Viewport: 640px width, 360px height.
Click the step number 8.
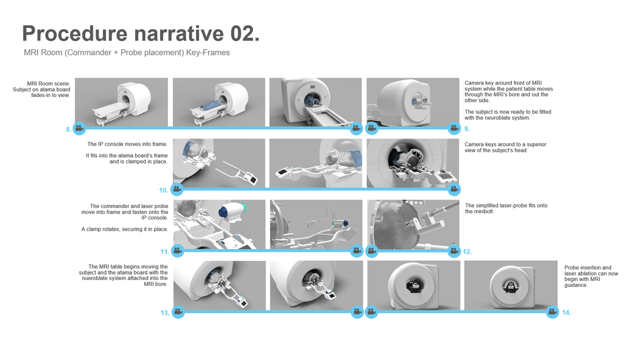click(x=68, y=129)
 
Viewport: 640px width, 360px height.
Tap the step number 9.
click(x=467, y=129)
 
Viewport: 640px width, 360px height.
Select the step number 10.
click(x=163, y=190)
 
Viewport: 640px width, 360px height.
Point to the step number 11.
click(x=165, y=252)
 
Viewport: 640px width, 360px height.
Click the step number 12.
click(x=467, y=252)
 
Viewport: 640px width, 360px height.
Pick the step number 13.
click(x=165, y=313)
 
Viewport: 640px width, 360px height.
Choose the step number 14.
click(x=566, y=313)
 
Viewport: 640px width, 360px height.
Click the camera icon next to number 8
click(x=79, y=129)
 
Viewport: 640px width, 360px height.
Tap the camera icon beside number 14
click(x=553, y=313)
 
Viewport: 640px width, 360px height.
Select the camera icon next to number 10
click(x=178, y=189)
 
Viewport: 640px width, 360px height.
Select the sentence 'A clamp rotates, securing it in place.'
click(x=125, y=229)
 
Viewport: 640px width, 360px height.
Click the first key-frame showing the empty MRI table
click(x=121, y=102)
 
